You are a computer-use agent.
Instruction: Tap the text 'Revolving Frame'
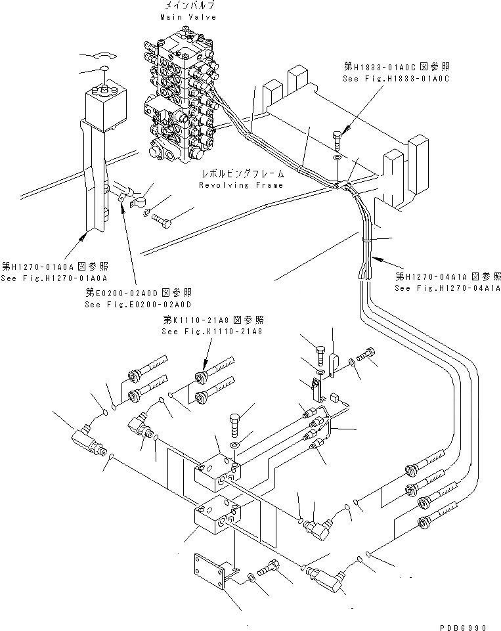(241, 185)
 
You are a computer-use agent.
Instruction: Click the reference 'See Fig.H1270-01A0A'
(54, 276)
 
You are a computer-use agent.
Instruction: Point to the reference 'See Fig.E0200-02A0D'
(138, 304)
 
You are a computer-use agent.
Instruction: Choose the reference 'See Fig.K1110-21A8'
(211, 332)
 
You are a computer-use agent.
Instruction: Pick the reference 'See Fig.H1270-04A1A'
(447, 288)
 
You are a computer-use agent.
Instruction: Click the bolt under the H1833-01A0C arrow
(337, 139)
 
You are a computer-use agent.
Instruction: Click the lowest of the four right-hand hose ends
(429, 521)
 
